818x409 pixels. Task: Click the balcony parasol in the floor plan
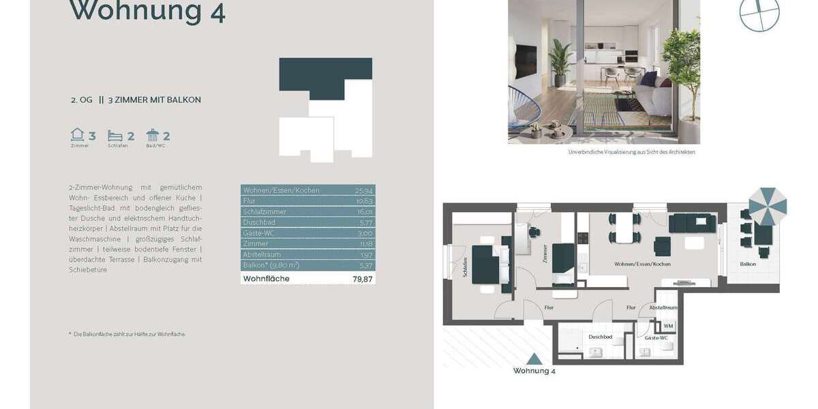pos(768,207)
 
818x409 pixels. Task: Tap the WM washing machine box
pos(668,327)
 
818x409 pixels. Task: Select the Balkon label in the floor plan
pos(747,264)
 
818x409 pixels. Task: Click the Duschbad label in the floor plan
pos(601,337)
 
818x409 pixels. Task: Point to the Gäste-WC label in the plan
pos(656,338)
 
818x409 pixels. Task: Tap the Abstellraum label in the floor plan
pos(662,308)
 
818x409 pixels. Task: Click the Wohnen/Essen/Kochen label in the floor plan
pos(642,264)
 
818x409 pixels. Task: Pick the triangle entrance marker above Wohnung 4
pos(534,359)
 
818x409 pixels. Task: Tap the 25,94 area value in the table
pos(364,190)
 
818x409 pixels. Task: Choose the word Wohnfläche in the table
pos(267,279)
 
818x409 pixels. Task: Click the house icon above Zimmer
pos(78,135)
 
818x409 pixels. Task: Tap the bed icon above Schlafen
pos(115,136)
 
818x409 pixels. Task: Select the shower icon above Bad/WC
pos(153,135)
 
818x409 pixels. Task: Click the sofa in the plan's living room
pos(692,222)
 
